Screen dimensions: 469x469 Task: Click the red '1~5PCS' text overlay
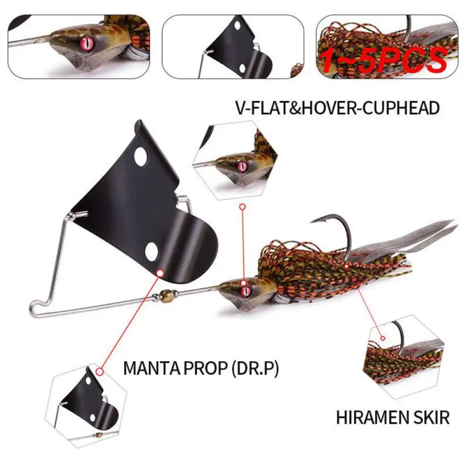tap(385, 59)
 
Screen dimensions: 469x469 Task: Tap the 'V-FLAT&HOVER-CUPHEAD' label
tap(337, 108)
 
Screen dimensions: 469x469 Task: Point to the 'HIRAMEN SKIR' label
tap(393, 417)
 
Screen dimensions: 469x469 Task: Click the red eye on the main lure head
tap(244, 287)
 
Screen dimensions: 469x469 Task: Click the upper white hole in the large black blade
tap(140, 157)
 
